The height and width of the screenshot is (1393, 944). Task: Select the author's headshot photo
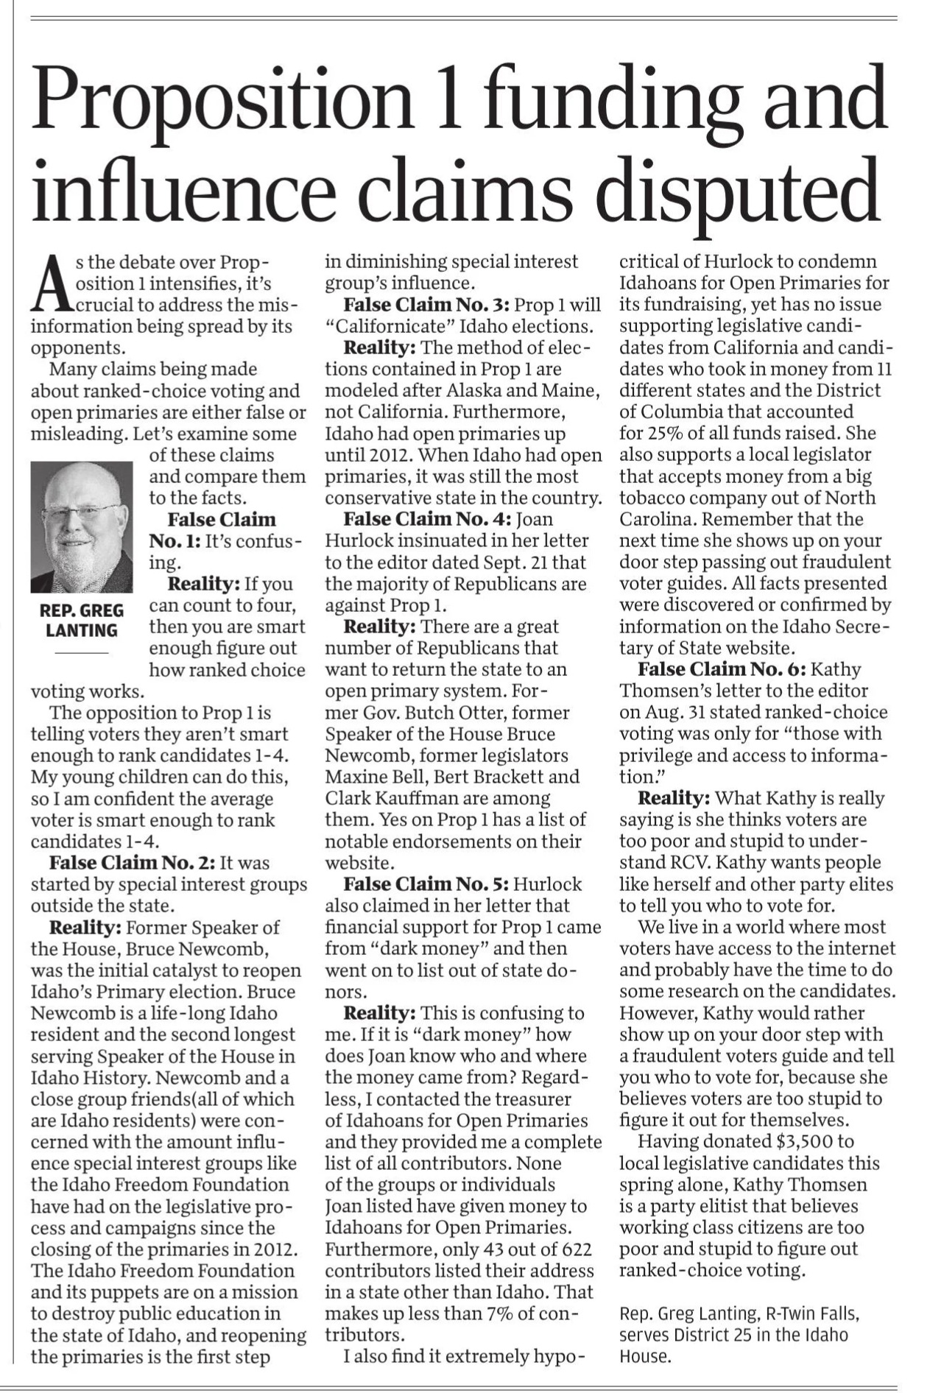click(82, 527)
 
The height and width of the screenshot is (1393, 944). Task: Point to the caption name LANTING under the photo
click(82, 631)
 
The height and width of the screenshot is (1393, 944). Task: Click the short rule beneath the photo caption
click(82, 652)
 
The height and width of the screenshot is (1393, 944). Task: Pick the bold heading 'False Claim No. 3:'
click(427, 305)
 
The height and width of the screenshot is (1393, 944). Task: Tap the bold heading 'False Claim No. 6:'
click(722, 669)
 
